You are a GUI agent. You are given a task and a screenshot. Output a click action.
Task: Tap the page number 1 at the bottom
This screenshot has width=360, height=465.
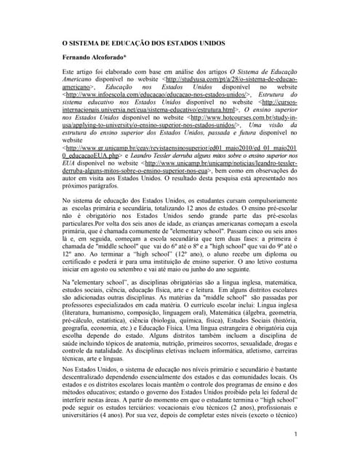tap(297, 434)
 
